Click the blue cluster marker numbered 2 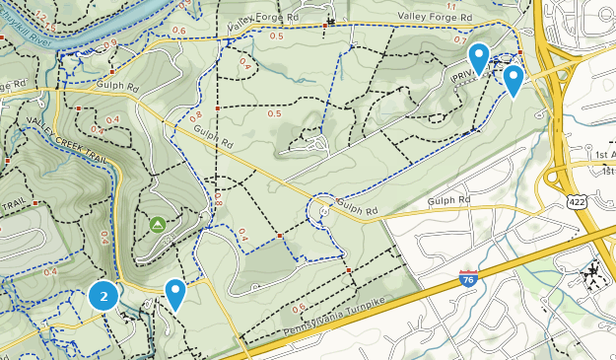(103, 295)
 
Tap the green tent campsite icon (158, 225)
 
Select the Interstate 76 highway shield (469, 279)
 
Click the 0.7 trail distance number (460, 40)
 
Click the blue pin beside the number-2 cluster (175, 293)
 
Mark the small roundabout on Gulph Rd (323, 210)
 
